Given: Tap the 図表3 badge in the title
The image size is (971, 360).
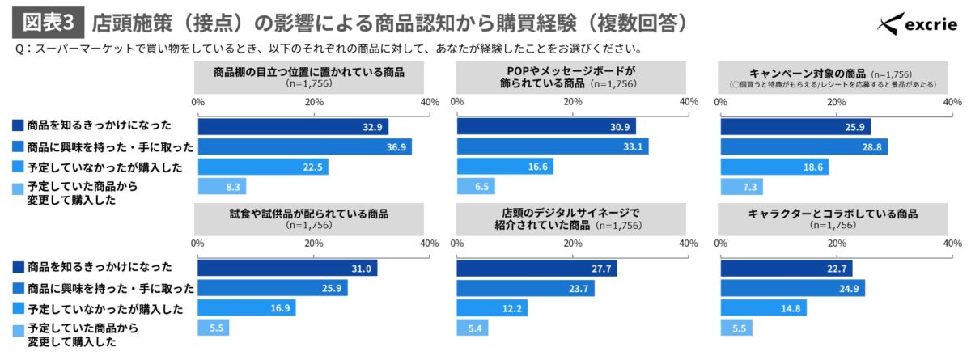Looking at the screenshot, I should coord(47,20).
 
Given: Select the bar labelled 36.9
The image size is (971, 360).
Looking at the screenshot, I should coord(305,146).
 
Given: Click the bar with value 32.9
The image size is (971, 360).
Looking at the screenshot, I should coord(293,127).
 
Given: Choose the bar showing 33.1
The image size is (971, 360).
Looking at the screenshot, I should coord(552,146).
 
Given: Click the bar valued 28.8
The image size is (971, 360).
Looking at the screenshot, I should coord(804,146).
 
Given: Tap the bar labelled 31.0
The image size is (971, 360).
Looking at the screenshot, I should coord(287,269).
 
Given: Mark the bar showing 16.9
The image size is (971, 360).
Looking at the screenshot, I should coord(247,308).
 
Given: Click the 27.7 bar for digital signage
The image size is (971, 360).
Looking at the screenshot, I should coord(536,269).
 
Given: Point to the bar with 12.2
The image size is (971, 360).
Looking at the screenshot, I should coord(492,308).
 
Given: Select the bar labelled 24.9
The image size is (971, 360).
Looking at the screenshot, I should coord(792,288).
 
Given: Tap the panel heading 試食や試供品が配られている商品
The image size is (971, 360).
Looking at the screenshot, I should coord(309,214).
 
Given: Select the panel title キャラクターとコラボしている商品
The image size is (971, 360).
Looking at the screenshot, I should coord(833,214).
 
